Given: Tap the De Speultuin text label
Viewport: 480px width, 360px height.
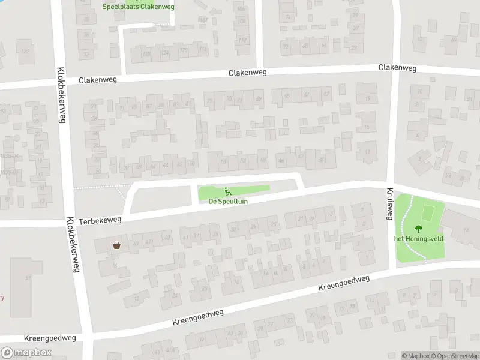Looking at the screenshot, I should click(228, 202).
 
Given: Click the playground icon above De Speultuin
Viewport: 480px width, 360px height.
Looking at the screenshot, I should click(228, 191).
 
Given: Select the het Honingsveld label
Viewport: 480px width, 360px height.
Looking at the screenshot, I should click(418, 238).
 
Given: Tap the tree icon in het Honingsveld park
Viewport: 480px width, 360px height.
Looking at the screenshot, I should click(418, 228).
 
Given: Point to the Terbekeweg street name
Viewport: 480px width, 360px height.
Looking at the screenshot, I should click(99, 221).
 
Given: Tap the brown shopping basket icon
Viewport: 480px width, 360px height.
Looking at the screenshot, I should click(116, 245).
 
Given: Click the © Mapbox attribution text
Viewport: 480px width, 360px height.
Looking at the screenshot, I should click(416, 356).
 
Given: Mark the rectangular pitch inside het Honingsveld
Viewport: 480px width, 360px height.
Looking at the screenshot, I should click(428, 213).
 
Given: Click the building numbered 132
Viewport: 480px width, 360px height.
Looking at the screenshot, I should click(25, 52).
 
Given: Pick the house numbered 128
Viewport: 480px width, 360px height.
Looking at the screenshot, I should click(146, 53).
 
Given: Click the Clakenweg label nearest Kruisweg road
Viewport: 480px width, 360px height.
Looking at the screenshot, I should click(397, 68).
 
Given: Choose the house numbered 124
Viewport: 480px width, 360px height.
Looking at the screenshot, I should click(164, 53).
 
